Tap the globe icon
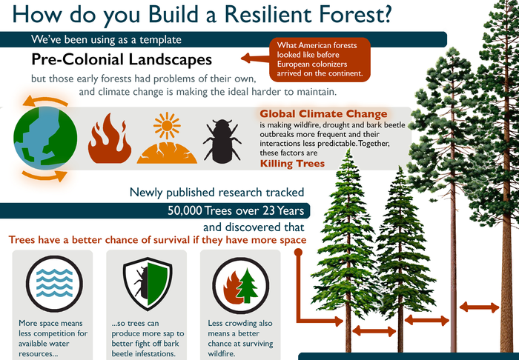[x=45, y=138]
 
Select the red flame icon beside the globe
[x=109, y=139]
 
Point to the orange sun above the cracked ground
[x=167, y=126]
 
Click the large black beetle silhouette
[x=222, y=141]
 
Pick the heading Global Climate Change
[x=323, y=114]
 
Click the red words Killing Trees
[x=292, y=164]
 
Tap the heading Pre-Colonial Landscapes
[x=122, y=59]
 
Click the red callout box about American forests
[x=320, y=59]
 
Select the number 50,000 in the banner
[x=185, y=210]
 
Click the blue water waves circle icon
[x=54, y=284]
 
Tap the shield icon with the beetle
[x=148, y=285]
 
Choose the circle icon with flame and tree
[x=241, y=286]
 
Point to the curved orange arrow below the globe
[x=44, y=176]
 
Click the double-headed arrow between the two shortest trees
[x=374, y=331]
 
